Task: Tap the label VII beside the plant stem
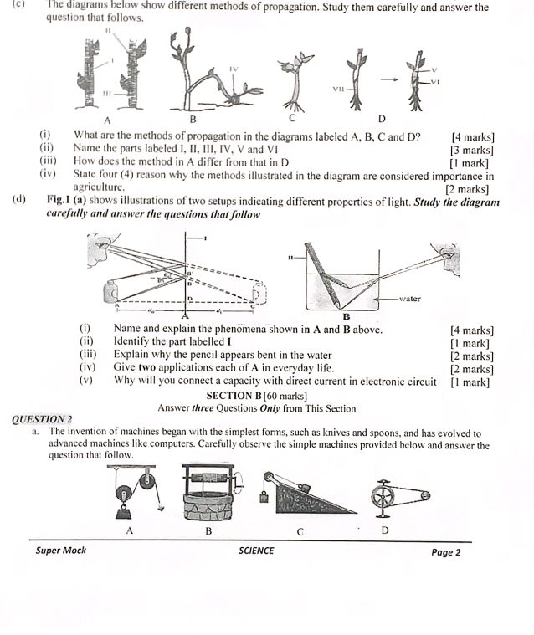[339, 88]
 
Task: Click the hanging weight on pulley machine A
[128, 508]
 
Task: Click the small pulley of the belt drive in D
[425, 496]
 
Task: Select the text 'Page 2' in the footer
[446, 551]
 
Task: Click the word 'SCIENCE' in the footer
[256, 551]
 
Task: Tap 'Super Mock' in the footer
[60, 551]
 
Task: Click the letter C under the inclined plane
[300, 532]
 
